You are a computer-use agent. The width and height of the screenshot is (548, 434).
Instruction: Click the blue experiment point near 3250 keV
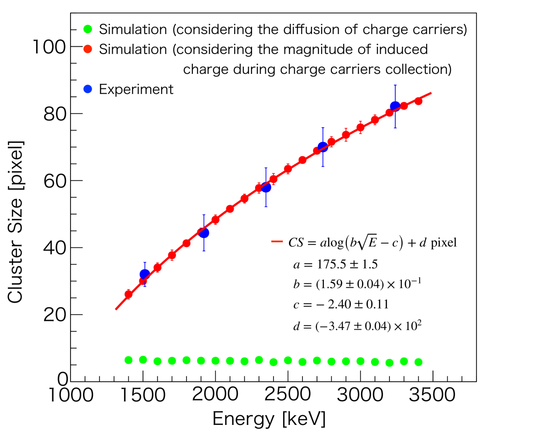click(x=395, y=106)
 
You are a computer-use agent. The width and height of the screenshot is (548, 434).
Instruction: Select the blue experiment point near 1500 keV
click(x=145, y=275)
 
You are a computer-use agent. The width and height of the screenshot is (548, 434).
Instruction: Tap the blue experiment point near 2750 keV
click(x=323, y=147)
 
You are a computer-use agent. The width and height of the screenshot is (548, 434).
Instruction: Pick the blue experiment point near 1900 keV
click(x=204, y=233)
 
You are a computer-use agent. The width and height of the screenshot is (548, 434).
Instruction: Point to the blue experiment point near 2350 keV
click(x=266, y=187)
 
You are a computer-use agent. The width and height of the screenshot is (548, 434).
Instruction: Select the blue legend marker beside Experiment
click(x=88, y=89)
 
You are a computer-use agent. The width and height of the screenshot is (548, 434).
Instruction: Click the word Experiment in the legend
click(x=137, y=89)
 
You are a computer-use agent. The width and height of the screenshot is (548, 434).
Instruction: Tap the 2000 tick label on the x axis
click(x=215, y=394)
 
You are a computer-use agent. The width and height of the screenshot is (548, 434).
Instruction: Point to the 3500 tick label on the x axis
click(x=433, y=394)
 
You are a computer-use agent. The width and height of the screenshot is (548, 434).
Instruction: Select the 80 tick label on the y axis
click(x=55, y=114)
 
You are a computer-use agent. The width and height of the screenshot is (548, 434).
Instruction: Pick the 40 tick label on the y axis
click(x=55, y=248)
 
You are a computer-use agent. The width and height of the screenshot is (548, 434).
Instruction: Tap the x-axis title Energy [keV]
click(x=269, y=418)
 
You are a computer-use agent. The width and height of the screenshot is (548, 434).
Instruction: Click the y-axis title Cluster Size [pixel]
click(x=16, y=222)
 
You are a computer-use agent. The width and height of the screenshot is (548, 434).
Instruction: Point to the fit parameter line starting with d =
click(x=356, y=325)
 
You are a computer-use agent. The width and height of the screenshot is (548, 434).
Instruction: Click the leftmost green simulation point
click(x=128, y=360)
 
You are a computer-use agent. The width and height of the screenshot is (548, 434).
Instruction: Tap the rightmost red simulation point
click(x=418, y=101)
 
